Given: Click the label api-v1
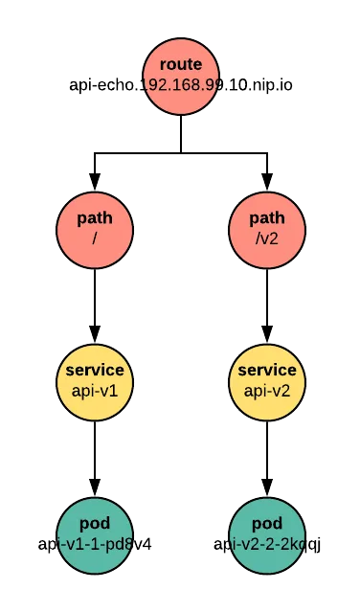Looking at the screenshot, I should pyautogui.click(x=94, y=391).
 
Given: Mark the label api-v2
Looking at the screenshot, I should pyautogui.click(x=266, y=391).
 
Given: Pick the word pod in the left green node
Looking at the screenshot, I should pyautogui.click(x=94, y=524).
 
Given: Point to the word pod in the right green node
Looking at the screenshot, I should pyautogui.click(x=266, y=524).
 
